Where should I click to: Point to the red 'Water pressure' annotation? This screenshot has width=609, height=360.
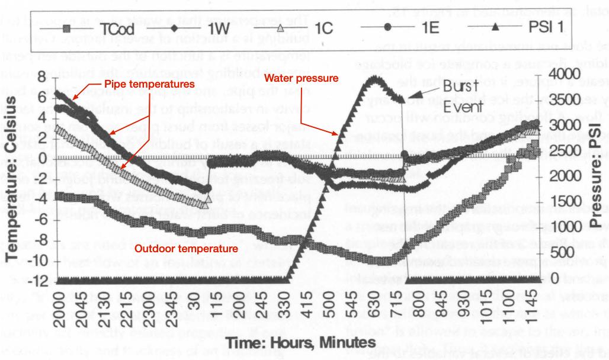pos(301,78)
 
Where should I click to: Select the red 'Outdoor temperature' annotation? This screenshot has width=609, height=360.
pos(186,249)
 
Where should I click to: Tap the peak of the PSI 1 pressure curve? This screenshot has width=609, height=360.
pos(374,78)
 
